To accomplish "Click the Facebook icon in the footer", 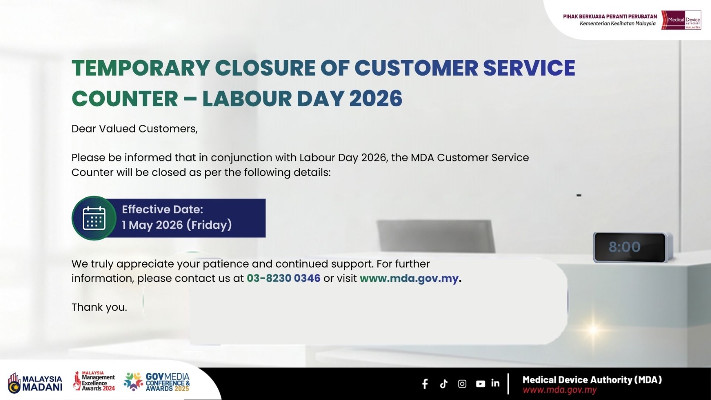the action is coord(425,384).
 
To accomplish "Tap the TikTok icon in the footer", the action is coord(444,384).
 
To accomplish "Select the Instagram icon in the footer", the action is coord(462,384).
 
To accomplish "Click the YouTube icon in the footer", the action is coord(480,384).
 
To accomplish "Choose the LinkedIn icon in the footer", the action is coord(495,383).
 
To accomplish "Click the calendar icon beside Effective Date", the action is coord(94,218).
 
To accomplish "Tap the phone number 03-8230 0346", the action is coord(284,278).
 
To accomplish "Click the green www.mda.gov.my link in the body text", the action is coord(409,278).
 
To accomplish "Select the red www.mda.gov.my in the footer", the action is coord(559,389).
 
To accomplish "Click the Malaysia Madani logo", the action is coord(35,383).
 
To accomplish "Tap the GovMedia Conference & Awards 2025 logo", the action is coord(157,382).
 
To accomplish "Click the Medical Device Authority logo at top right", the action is coord(681,20).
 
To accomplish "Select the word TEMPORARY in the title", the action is coord(140,68).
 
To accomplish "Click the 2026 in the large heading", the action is coord(376,98).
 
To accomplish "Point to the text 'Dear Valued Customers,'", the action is coord(135,129).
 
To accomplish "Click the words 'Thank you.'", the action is coord(99,307).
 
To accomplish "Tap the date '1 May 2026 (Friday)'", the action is coord(177,225).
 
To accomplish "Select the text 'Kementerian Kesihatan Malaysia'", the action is coord(618,24).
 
